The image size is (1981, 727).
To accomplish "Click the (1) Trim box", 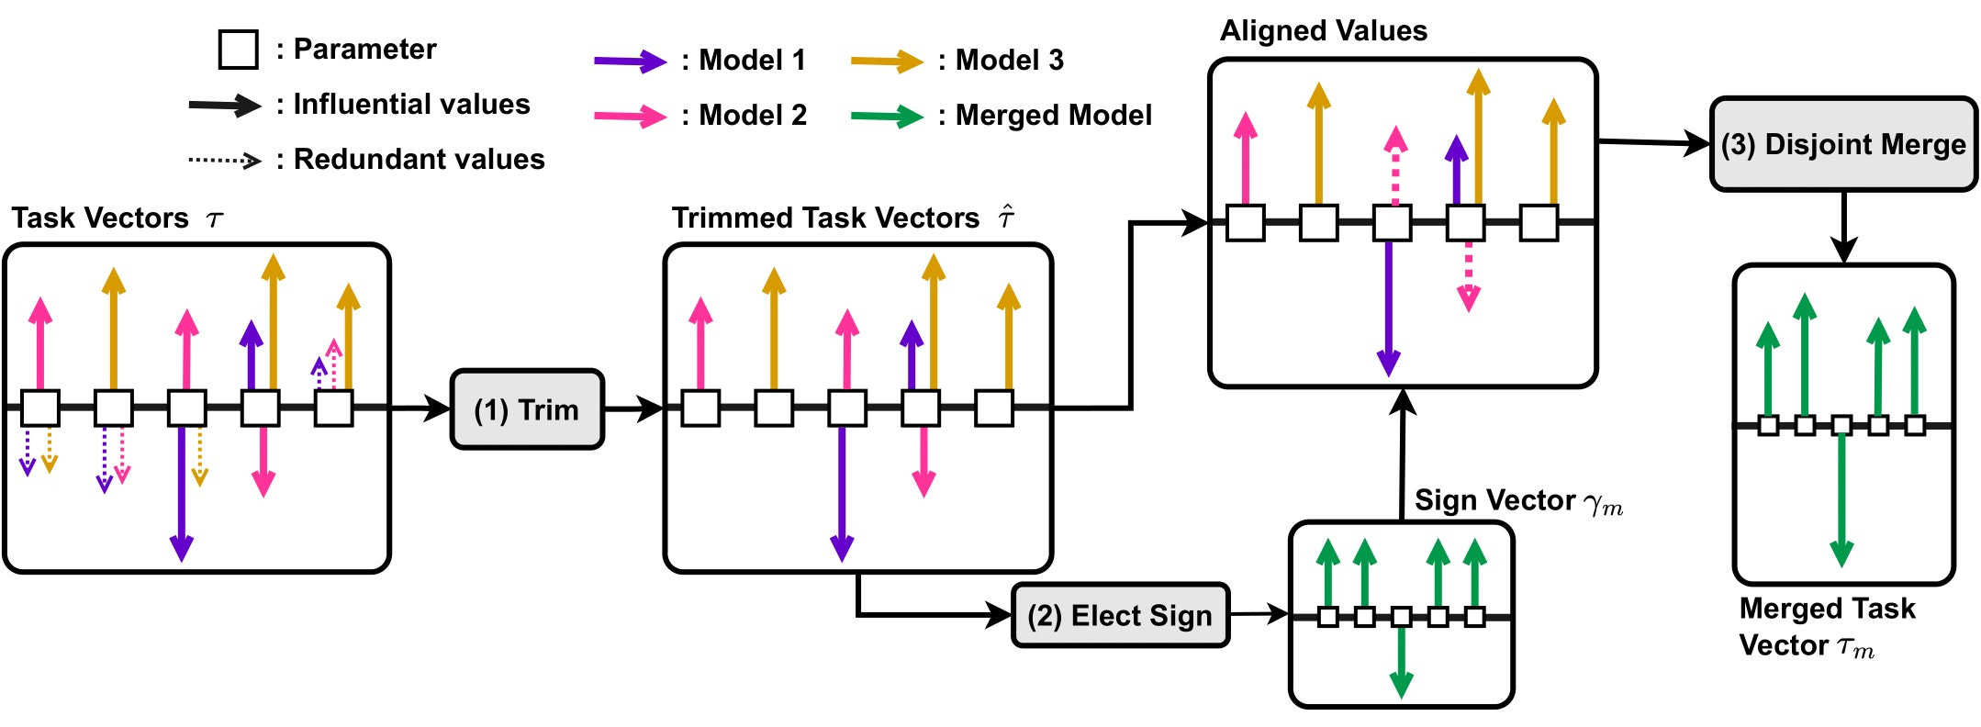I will [x=527, y=409].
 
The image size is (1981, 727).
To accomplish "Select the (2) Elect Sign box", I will [x=1119, y=615].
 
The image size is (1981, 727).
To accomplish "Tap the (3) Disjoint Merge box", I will [x=1842, y=144].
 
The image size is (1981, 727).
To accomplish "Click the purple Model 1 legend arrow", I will [x=630, y=62].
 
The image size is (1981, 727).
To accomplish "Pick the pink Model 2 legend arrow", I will [x=630, y=117].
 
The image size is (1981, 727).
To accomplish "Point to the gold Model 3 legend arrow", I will [x=886, y=62].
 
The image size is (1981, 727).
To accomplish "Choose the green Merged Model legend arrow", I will [x=886, y=117].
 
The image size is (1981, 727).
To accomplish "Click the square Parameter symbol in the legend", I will [x=238, y=50].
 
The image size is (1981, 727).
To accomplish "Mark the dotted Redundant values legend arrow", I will [x=225, y=160].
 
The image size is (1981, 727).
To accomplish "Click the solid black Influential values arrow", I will [x=225, y=106].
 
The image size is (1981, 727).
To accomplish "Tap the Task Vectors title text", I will [x=101, y=218].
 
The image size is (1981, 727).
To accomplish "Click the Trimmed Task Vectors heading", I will [x=825, y=218].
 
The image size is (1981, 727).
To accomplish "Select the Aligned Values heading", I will [x=1323, y=31].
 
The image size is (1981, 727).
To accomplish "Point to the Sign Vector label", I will [x=1494, y=500].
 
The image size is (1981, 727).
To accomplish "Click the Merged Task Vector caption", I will [x=1826, y=626].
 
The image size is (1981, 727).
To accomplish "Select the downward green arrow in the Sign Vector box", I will [x=1401, y=661].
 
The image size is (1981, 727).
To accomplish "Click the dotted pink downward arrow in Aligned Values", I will [x=1468, y=275].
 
